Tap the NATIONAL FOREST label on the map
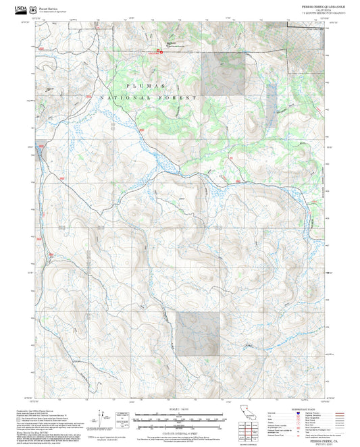point(149,98)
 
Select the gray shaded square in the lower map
point(198,334)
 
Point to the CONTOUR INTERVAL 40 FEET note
point(180,429)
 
